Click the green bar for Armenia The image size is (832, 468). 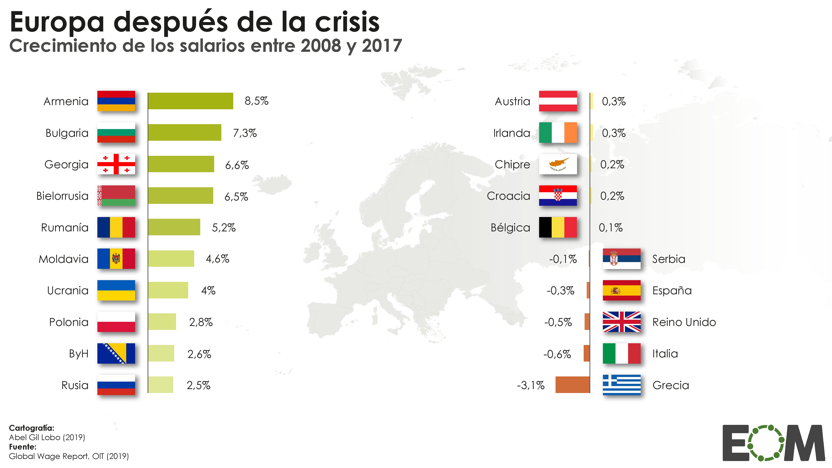click(x=191, y=101)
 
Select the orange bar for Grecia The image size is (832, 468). click(x=572, y=385)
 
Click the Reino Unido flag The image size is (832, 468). click(x=621, y=322)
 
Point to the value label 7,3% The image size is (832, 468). click(x=245, y=133)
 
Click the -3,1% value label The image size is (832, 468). click(x=531, y=385)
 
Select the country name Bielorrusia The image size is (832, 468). click(x=62, y=196)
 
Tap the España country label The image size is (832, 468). click(x=672, y=291)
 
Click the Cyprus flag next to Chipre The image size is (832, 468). click(x=558, y=164)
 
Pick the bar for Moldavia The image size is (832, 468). click(x=171, y=259)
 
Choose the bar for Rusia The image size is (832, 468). click(x=161, y=385)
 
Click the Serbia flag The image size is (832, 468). click(x=621, y=259)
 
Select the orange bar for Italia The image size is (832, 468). click(x=586, y=353)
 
